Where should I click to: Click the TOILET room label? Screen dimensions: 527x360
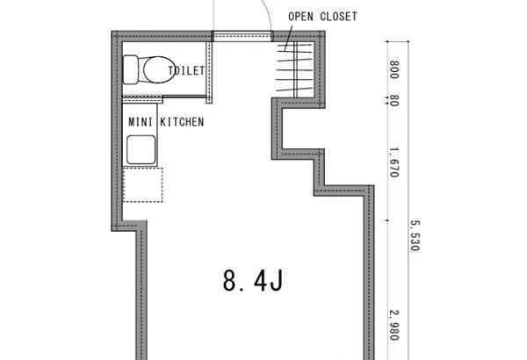186,70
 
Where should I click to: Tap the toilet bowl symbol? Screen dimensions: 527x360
158,69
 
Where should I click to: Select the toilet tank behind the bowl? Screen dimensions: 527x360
131,69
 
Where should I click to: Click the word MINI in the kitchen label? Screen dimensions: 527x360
141,122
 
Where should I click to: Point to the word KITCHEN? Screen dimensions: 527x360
182,122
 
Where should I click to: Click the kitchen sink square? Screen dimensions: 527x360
141,149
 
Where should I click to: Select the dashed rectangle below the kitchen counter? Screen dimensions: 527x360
143,185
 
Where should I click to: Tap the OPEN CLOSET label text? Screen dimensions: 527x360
322,17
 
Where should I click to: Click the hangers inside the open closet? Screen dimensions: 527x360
295,69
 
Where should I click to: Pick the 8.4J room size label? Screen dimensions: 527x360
253,280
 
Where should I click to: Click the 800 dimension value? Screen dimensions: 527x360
393,69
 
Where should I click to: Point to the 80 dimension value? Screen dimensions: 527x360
393,100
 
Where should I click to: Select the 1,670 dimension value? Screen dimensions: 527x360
393,162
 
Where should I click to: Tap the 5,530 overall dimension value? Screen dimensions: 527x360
415,235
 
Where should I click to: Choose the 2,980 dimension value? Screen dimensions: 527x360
393,325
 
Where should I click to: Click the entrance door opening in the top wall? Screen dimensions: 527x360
242,36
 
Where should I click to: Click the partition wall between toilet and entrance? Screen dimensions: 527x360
209,72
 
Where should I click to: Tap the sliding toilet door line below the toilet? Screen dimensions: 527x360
184,97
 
